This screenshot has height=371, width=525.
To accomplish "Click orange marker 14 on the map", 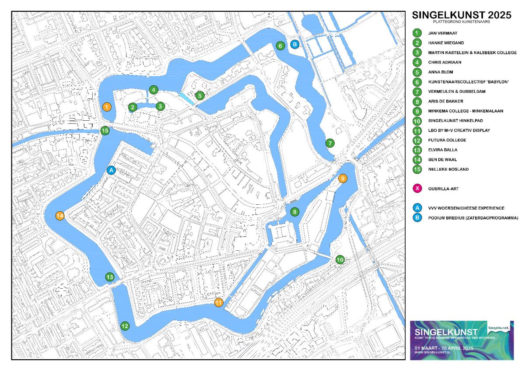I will point(60,215).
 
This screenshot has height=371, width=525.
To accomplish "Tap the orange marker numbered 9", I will point(343,178).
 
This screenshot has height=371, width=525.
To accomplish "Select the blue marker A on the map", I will point(111,170).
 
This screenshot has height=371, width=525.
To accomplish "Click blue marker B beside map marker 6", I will point(295,44).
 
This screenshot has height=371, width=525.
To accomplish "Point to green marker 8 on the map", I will point(295,212).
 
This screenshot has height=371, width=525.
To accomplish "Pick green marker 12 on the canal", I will point(125,325).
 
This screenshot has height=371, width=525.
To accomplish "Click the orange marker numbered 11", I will point(218,302).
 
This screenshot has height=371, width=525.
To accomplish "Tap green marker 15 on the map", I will point(105,130).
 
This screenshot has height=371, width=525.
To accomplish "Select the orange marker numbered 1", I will point(106,106).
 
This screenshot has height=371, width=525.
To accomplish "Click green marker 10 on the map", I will point(340,259).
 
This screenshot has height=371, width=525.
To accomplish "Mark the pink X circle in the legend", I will point(418,189).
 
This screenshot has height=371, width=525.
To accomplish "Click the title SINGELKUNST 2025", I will point(462,15).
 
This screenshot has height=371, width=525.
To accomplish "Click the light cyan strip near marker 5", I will point(186,98).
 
